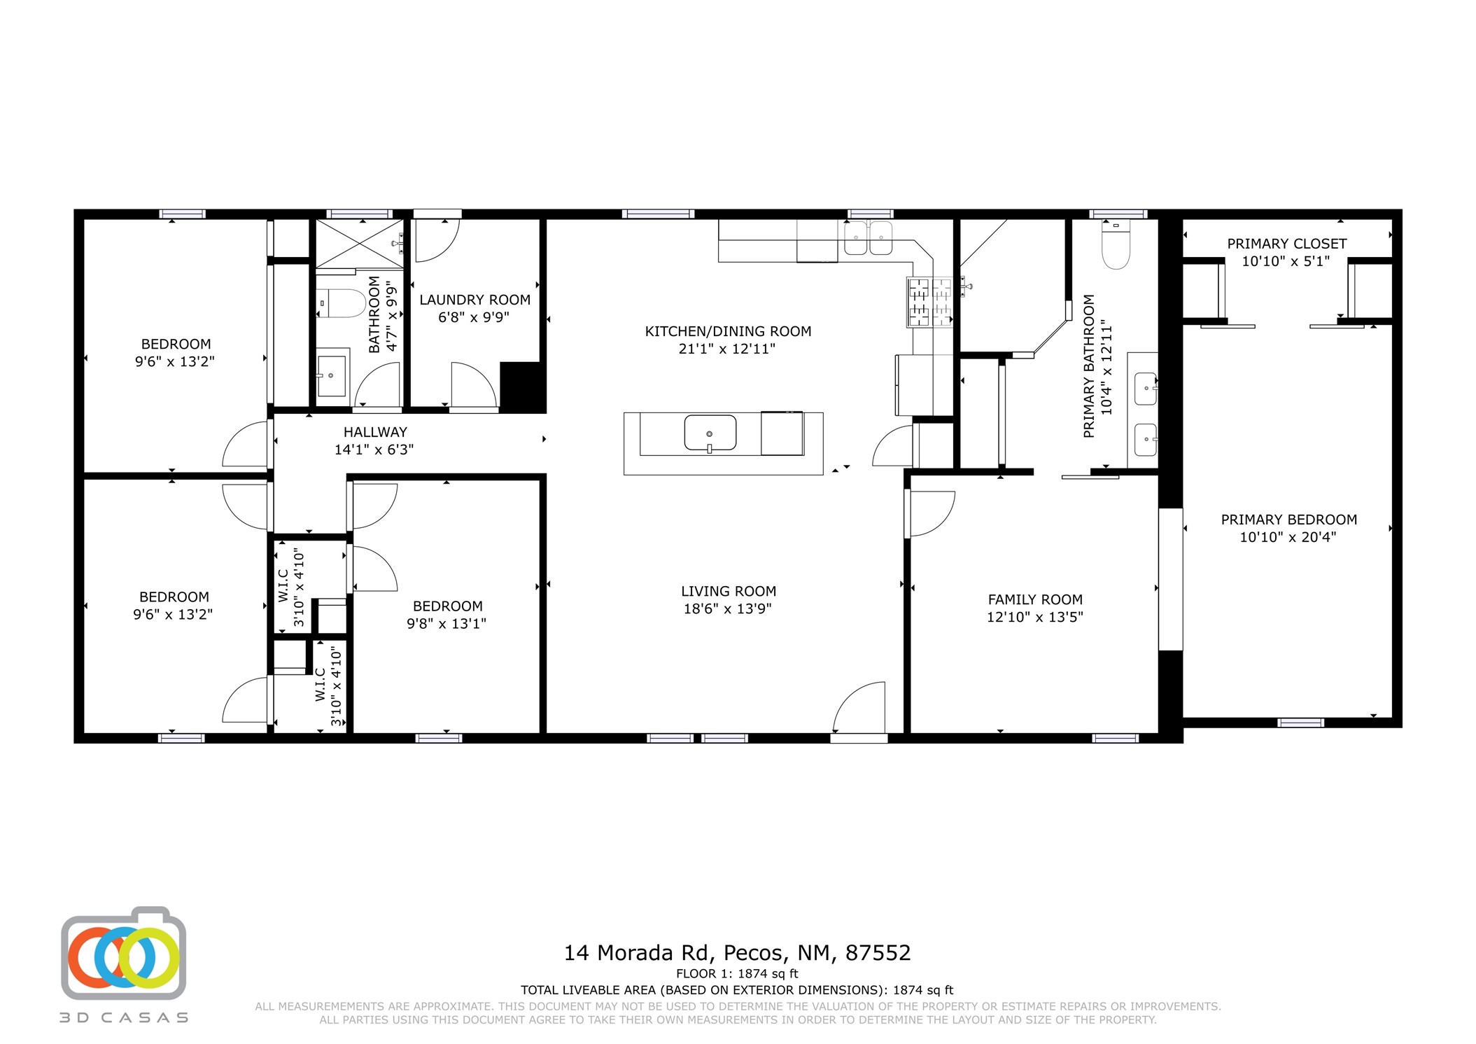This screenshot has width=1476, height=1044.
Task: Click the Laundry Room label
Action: point(475,300)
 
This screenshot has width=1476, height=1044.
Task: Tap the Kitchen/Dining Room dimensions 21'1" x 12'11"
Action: point(727,349)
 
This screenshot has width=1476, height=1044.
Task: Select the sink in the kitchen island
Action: point(710,433)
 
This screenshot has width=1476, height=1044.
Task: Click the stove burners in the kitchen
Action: point(930,302)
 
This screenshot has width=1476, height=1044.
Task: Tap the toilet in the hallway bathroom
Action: point(342,303)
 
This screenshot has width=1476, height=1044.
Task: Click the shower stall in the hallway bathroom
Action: point(360,243)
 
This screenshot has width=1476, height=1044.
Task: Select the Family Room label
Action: point(1035,599)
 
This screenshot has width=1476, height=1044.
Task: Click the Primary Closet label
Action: point(1286,244)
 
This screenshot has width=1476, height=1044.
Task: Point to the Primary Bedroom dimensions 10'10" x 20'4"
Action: point(1288,537)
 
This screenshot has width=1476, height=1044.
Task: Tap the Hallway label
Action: point(375,432)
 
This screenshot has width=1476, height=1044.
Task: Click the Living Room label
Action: point(729,591)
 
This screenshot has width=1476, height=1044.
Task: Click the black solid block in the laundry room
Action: point(523,387)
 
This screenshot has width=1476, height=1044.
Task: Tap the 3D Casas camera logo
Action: point(124,954)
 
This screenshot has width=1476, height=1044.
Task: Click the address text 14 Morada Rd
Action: point(638,953)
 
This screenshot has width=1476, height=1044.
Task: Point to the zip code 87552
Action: point(878,953)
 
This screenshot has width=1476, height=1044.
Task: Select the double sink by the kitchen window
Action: point(869,238)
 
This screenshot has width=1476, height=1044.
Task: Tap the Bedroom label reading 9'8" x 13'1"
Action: point(447,615)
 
